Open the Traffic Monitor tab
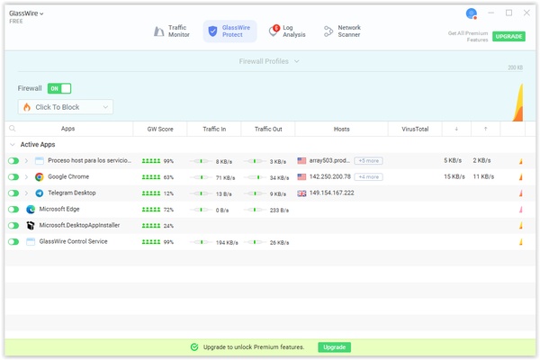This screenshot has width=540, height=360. coord(172,31)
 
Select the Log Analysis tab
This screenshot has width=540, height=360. coord(288,31)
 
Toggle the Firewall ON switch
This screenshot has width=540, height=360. coord(59,89)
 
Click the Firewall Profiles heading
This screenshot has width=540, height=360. coord(269,61)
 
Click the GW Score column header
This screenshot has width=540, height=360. coord(159,130)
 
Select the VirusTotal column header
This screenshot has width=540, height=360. coord(415,130)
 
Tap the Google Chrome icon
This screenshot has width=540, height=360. coord(40,177)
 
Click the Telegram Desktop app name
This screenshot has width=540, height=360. coord(72,193)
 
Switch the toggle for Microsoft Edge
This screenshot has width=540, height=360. coord(13,210)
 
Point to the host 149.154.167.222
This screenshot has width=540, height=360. coord(331,193)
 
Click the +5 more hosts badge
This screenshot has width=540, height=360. coord(368,161)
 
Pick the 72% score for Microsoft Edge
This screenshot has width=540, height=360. coord(168,210)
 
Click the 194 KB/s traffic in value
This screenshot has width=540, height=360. coord(227,242)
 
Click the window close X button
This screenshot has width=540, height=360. coord(526,13)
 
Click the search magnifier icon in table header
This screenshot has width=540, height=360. coord(13,130)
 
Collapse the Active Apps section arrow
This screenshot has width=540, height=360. coord(13,145)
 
